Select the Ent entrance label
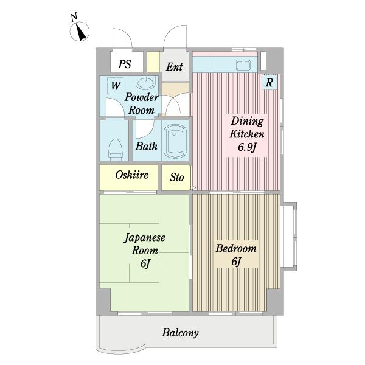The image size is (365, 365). [174, 67]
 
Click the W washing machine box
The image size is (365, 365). [115, 86]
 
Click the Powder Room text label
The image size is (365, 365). [142, 104]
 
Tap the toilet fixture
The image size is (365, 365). [114, 148]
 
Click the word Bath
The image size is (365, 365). [146, 147]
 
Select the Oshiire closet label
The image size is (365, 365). [131, 175]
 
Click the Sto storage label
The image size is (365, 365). [176, 178]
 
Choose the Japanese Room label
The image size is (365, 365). [145, 244]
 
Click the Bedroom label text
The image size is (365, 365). [236, 249]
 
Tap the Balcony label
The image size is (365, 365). [180, 333]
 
